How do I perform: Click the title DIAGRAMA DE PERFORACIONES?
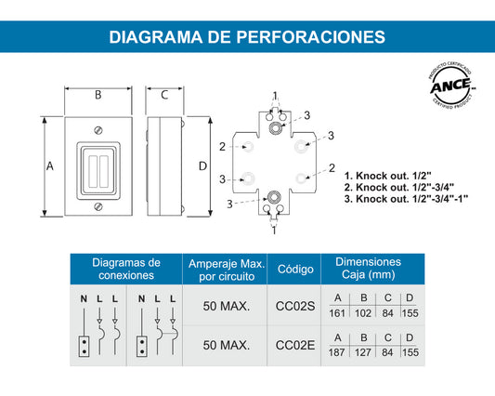click(247, 36)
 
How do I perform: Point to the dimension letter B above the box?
click(98, 95)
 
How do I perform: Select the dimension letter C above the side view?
click(163, 95)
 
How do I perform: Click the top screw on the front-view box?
click(98, 130)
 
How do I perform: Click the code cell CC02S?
click(295, 306)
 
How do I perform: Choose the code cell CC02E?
click(295, 346)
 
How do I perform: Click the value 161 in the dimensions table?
click(337, 313)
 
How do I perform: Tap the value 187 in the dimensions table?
click(337, 353)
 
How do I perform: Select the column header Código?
click(295, 270)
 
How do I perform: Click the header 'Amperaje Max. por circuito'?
click(227, 270)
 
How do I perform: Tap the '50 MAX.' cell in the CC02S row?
click(227, 306)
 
